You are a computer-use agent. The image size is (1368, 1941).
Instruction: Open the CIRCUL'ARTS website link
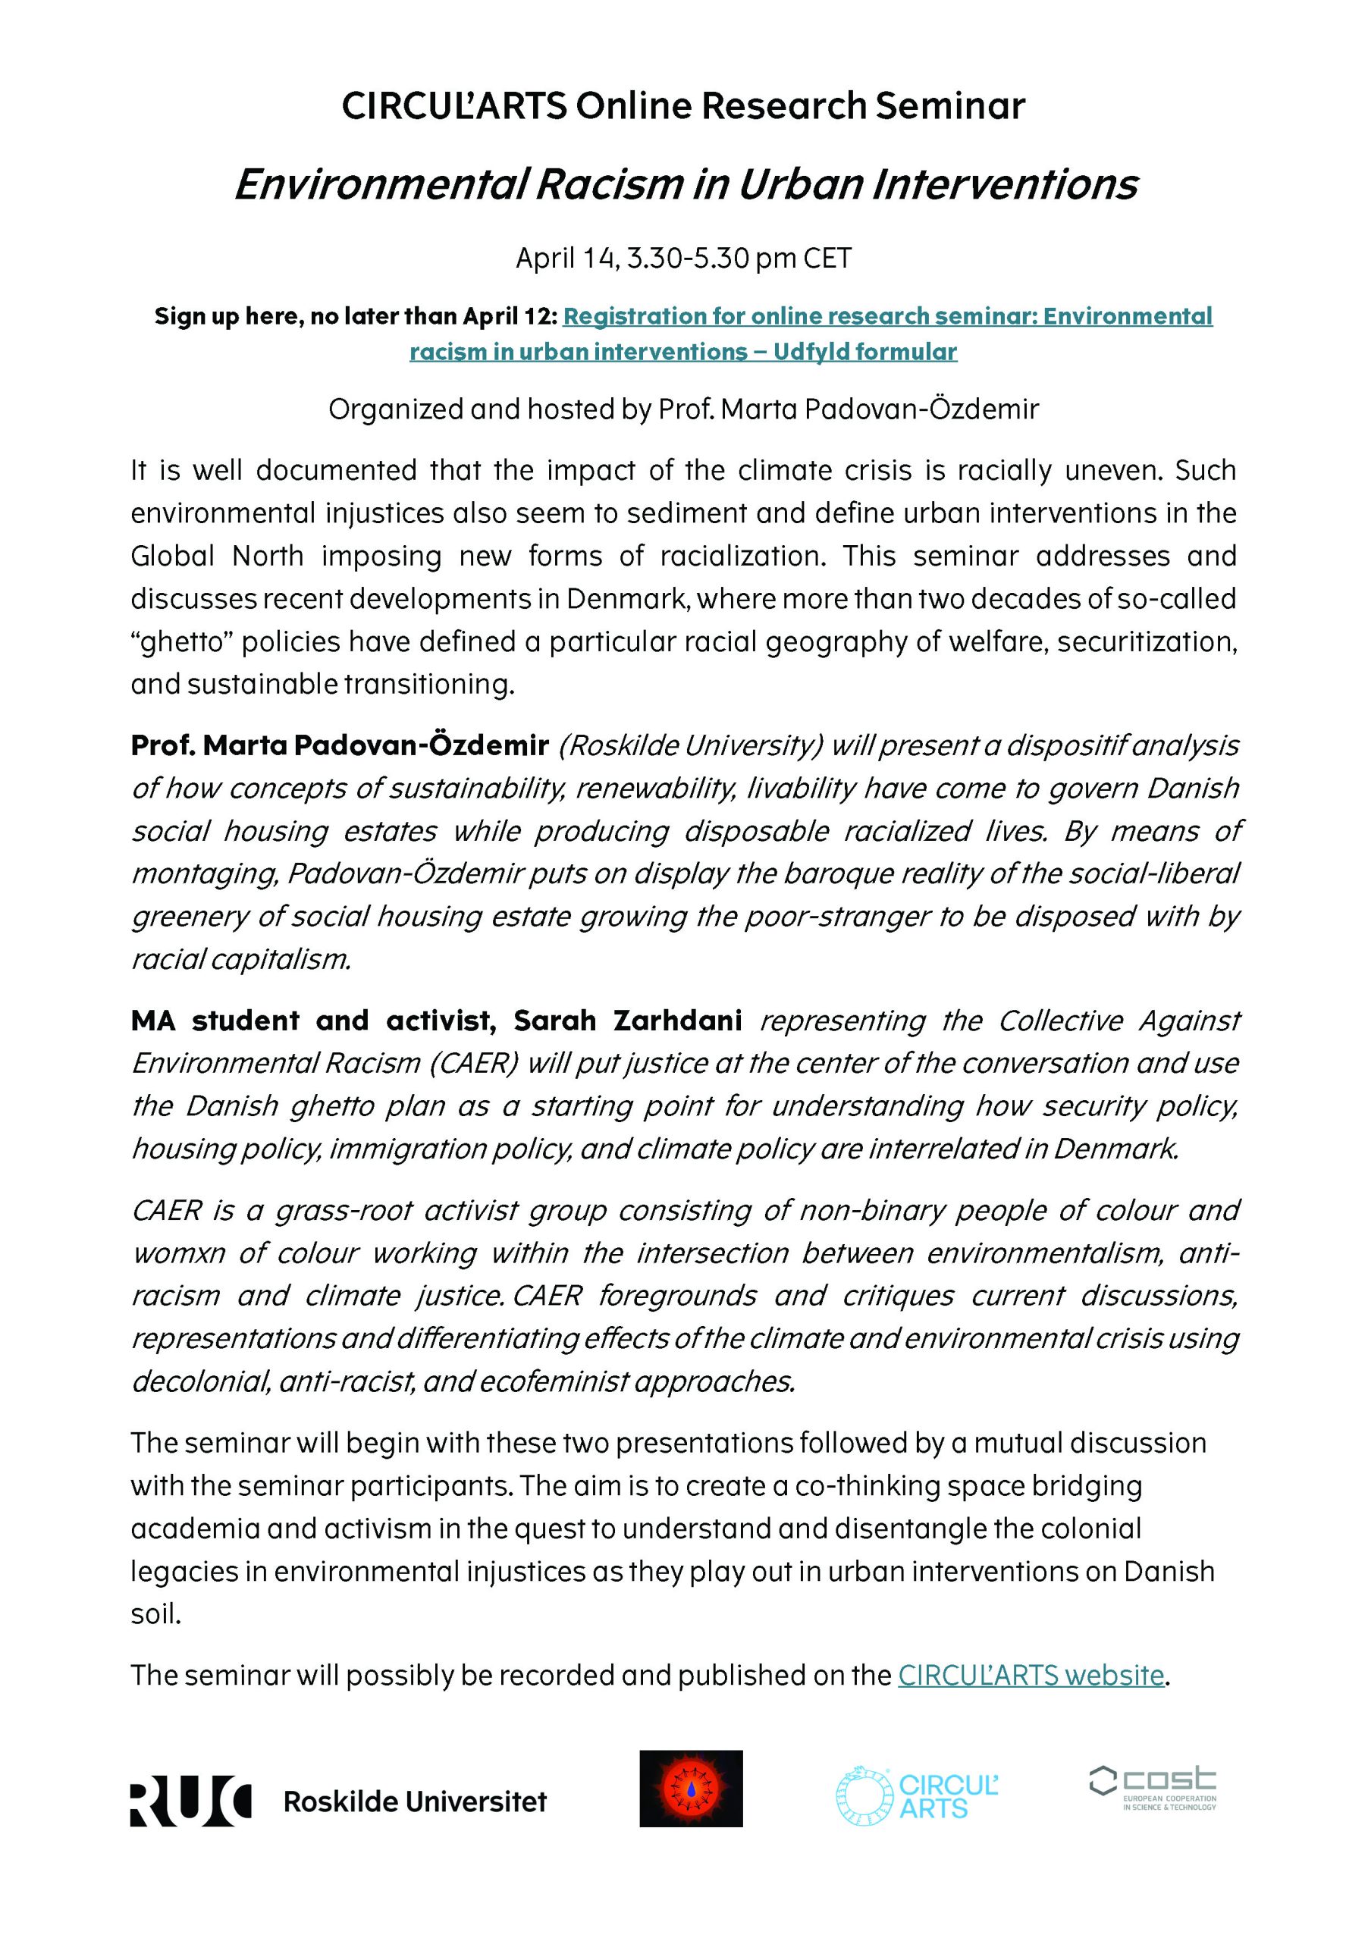(1031, 1675)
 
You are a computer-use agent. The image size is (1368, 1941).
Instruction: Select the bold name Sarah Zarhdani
(627, 1021)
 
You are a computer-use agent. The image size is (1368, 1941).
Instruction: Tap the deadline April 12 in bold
(510, 316)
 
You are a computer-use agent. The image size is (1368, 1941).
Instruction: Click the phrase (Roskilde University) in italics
(691, 745)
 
